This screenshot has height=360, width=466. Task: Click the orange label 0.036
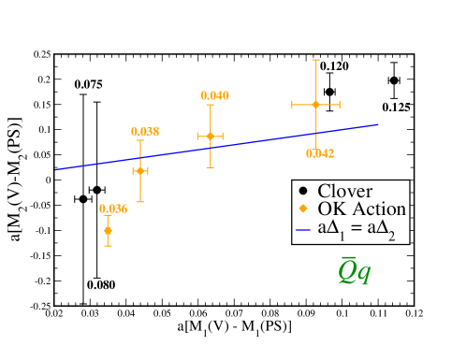(x=113, y=209)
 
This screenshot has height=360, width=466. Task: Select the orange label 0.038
(x=145, y=132)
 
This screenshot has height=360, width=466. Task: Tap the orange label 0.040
(x=215, y=95)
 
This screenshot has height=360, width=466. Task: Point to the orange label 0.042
(x=320, y=153)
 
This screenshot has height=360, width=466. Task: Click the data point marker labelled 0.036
(x=108, y=230)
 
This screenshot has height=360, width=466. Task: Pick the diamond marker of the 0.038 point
(x=140, y=171)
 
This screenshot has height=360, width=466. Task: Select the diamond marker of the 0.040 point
(x=211, y=137)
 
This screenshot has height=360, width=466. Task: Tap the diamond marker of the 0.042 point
(x=316, y=104)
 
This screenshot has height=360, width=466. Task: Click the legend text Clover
(x=344, y=192)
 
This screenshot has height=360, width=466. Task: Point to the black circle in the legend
(x=303, y=192)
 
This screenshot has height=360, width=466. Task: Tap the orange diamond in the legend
(x=303, y=209)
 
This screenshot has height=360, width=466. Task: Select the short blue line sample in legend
(x=303, y=228)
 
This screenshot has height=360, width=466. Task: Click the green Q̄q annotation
(x=354, y=271)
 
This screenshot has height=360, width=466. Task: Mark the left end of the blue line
(x=56, y=169)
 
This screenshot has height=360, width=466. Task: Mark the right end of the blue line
(x=378, y=123)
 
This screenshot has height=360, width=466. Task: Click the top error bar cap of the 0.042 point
(x=316, y=60)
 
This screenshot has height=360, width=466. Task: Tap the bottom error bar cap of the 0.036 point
(x=108, y=246)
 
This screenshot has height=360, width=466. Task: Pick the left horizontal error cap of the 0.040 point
(x=197, y=137)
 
